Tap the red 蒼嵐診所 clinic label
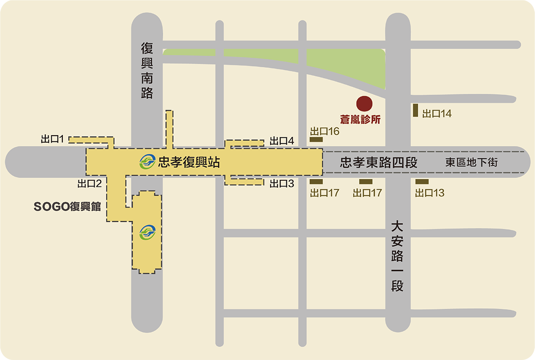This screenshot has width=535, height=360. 359,120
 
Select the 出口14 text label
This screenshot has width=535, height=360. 437,114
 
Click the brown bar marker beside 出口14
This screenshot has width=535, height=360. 415,111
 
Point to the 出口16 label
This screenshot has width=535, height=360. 325,131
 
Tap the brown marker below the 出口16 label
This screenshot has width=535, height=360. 316,140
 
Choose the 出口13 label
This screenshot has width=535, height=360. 430,193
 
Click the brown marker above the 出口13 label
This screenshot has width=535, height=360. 422,182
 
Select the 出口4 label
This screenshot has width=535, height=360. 282,141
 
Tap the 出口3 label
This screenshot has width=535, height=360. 282,183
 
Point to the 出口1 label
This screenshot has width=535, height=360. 53,139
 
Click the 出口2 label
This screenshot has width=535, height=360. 90,183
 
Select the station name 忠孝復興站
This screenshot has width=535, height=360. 189,162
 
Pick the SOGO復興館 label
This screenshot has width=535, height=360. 67,207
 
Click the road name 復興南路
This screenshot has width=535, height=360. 147,70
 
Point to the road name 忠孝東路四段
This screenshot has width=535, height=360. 379,162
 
